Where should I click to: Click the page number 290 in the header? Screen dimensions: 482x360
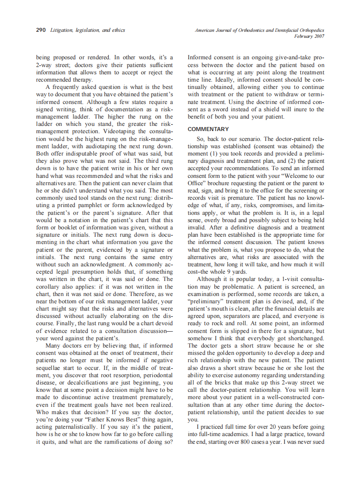coord(41,31)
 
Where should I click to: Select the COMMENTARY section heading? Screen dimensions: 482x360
coord(208,129)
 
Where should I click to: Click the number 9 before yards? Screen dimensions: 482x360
coord(233,272)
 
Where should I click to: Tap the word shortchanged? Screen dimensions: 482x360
coord(304,339)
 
